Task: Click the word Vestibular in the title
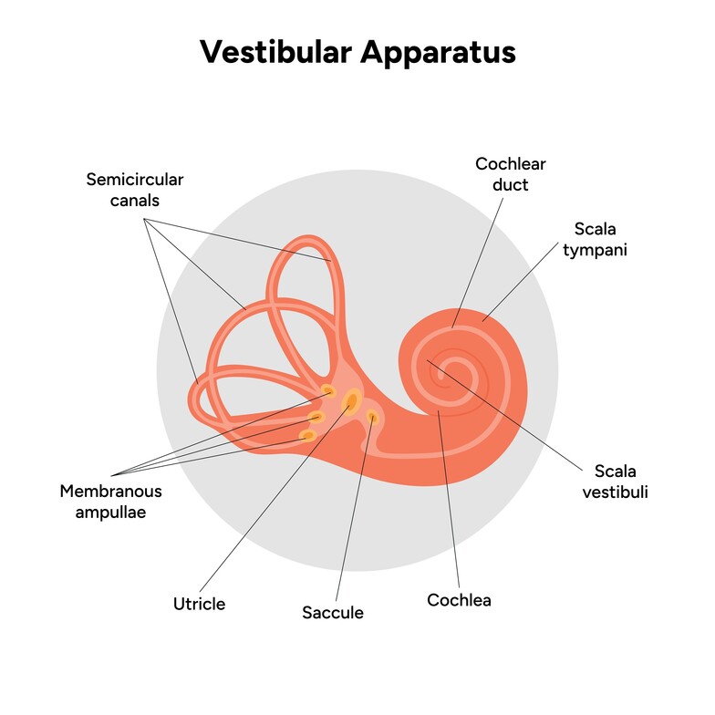click(x=274, y=52)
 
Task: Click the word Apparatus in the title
click(x=438, y=52)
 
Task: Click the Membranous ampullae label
click(x=110, y=502)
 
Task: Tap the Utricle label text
click(x=199, y=604)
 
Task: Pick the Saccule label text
click(x=333, y=613)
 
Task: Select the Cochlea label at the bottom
click(x=459, y=600)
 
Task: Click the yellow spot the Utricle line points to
click(x=351, y=400)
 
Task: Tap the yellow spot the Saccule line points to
click(x=372, y=418)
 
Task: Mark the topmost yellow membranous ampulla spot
click(x=327, y=391)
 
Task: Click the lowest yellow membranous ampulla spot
click(x=308, y=435)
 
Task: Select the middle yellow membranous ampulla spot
click(x=316, y=417)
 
